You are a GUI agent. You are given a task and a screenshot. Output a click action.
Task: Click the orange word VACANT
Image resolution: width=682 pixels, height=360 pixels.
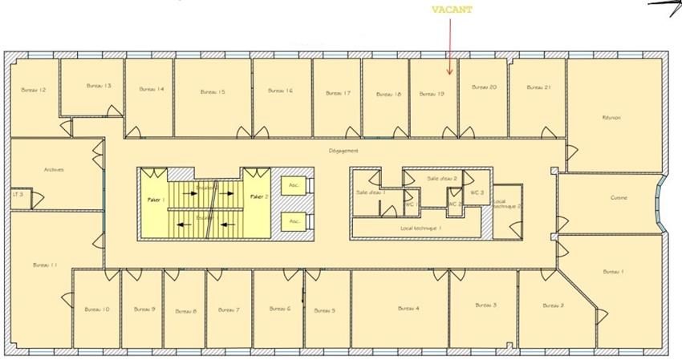[453, 10]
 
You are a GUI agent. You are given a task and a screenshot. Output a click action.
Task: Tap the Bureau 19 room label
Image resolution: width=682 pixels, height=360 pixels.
[432, 94]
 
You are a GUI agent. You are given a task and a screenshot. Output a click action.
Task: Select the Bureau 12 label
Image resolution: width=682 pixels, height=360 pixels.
[33, 90]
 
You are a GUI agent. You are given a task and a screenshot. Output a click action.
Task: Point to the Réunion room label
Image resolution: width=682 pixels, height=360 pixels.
[611, 118]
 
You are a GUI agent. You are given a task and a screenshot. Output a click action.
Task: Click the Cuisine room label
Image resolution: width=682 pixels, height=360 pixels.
[619, 198]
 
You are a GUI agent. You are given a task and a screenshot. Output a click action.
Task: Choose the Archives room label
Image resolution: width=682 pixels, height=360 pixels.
[54, 169]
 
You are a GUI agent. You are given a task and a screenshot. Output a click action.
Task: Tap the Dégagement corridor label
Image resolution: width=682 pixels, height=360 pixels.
[343, 151]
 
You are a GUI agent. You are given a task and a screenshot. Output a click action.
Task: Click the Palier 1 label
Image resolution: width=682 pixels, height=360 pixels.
[156, 199]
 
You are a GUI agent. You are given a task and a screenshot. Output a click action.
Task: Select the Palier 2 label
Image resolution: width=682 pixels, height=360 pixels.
[259, 196]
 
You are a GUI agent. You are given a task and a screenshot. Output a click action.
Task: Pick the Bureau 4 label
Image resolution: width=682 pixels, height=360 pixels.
[408, 308]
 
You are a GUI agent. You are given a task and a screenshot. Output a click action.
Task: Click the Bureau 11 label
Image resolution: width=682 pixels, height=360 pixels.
[45, 265]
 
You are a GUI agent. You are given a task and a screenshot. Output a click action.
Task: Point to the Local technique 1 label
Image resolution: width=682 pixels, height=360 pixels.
[421, 229]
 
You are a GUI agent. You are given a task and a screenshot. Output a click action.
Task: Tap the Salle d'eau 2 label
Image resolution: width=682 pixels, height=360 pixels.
[442, 178]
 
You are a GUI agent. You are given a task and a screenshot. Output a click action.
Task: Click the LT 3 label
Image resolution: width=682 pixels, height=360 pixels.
[17, 194]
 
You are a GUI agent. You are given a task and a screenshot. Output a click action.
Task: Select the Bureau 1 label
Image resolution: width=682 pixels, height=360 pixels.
[613, 272]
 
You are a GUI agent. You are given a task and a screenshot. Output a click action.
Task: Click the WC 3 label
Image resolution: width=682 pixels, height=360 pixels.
[477, 192]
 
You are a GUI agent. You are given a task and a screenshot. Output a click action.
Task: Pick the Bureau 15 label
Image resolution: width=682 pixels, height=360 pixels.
[213, 91]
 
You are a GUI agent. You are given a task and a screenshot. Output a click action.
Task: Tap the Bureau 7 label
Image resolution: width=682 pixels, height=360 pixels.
[229, 309]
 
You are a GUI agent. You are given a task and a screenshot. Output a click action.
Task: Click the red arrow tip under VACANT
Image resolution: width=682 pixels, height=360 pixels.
[449, 74]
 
